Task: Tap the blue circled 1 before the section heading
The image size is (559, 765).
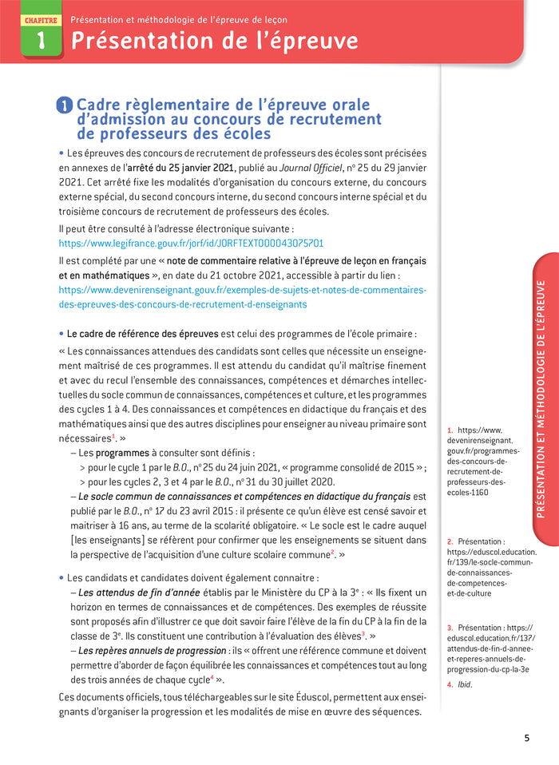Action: pos(65,106)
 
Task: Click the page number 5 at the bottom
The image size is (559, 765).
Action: pos(526,738)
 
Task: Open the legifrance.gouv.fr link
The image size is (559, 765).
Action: pos(191,243)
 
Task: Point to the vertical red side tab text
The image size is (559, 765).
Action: pos(541,399)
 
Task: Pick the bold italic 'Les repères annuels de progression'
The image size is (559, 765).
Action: pos(152,651)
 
